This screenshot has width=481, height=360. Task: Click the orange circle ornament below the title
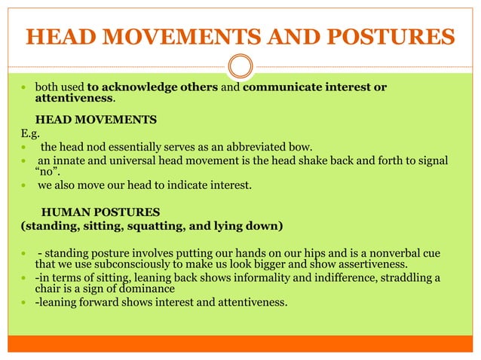(240, 67)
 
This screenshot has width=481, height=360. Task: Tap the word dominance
(148, 289)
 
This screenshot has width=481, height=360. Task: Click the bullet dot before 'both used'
(24, 88)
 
